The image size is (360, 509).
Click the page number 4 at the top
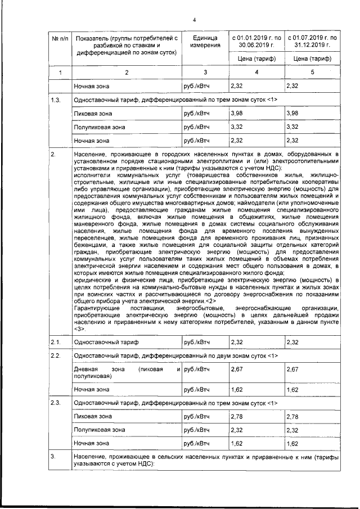[193, 20]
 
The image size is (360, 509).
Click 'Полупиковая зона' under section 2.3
[100, 430]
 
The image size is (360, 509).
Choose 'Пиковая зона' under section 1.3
[93, 114]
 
